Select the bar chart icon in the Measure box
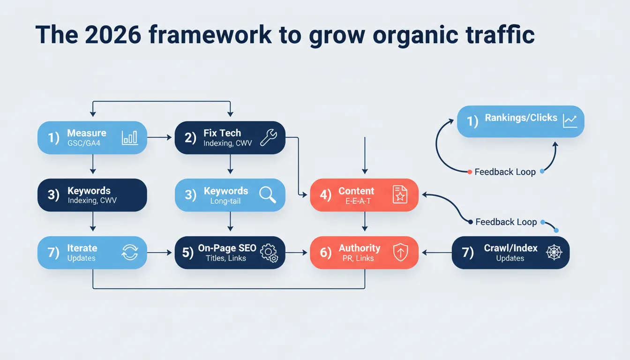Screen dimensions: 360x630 pyautogui.click(x=129, y=137)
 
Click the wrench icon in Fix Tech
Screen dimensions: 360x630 pyautogui.click(x=269, y=137)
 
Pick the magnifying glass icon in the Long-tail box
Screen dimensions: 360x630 pyautogui.click(x=268, y=195)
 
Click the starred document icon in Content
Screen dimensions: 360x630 pyautogui.click(x=400, y=195)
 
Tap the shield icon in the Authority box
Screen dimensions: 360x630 pyautogui.click(x=400, y=252)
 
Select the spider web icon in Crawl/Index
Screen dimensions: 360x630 pyautogui.click(x=554, y=252)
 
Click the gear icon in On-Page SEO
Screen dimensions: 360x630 pyautogui.click(x=269, y=252)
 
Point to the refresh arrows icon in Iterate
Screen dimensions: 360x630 pyautogui.click(x=129, y=252)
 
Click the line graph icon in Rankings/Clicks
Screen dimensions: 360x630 pyautogui.click(x=570, y=121)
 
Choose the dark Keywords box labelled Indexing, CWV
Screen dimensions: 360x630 pyautogui.click(x=92, y=195)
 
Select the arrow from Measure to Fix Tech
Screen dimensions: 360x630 pyautogui.click(x=161, y=137)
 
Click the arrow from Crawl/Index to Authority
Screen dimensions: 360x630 pyautogui.click(x=436, y=252)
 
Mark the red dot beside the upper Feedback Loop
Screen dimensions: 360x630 pyautogui.click(x=469, y=172)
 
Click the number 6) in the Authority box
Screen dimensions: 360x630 pyautogui.click(x=326, y=252)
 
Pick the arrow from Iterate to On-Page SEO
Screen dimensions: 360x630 pyautogui.click(x=161, y=252)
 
